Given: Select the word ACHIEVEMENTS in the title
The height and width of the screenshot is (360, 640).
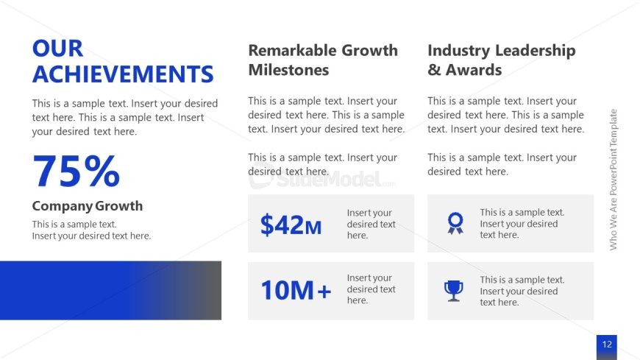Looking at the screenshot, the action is [x=123, y=74].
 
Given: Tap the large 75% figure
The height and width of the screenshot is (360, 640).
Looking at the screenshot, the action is [x=77, y=171].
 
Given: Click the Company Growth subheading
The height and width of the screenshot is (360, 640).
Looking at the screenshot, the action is [x=88, y=205].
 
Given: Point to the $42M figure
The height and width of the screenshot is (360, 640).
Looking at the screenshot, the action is [x=291, y=225].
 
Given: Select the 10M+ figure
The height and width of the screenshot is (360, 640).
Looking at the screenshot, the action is [x=296, y=290].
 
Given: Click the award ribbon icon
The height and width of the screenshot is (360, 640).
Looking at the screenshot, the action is [x=455, y=223].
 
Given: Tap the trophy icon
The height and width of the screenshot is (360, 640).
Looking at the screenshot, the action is [x=453, y=291].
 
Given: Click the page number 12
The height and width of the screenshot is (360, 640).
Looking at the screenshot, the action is [x=607, y=344].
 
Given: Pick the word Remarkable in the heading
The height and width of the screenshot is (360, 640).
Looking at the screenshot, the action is [x=292, y=50].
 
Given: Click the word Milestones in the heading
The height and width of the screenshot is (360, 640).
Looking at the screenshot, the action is [x=288, y=70].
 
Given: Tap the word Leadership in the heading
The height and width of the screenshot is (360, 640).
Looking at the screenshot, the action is [x=536, y=51].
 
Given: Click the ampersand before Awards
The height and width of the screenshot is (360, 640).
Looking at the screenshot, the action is [x=434, y=70].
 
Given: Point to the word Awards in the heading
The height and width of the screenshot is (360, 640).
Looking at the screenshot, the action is [x=474, y=70].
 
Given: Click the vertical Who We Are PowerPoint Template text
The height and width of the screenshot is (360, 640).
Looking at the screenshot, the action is [x=613, y=180].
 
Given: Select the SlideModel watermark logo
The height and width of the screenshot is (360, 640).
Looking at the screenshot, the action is [x=322, y=178].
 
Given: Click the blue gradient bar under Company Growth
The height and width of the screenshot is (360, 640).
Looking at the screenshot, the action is [x=110, y=290].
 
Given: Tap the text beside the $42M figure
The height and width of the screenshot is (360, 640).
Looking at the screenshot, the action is [x=371, y=224].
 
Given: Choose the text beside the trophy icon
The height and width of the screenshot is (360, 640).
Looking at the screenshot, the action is [x=522, y=291].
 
